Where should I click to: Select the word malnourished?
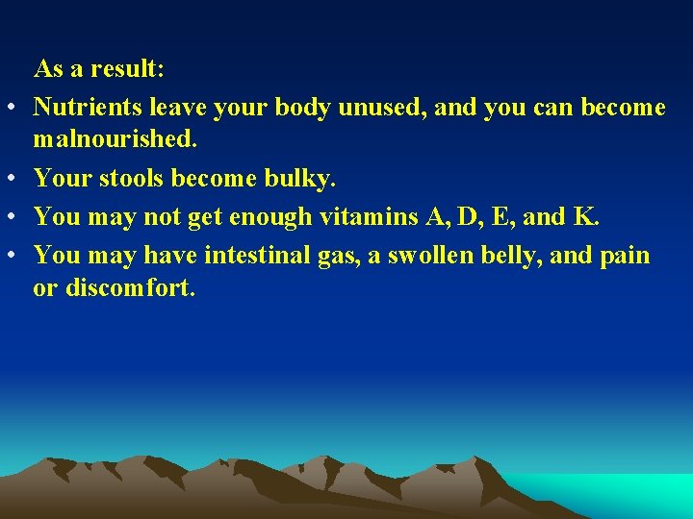click(115, 140)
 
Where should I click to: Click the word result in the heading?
click(125, 69)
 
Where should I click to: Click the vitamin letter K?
click(584, 216)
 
